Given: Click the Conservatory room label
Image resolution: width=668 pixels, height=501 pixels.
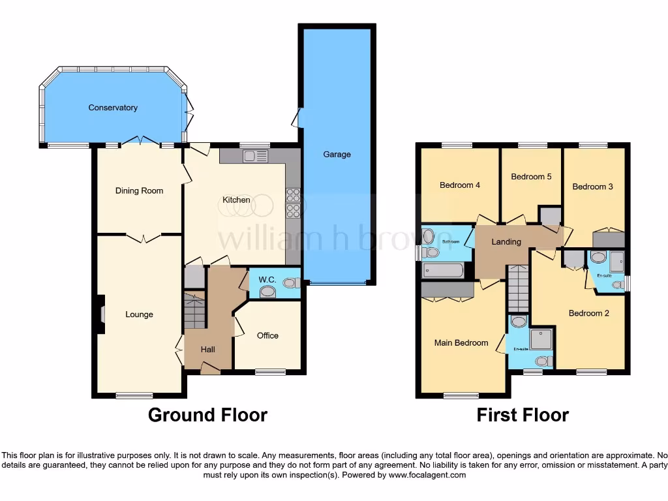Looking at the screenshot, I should (x=113, y=108).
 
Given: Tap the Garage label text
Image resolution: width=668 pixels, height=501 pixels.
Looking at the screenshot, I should (x=337, y=155).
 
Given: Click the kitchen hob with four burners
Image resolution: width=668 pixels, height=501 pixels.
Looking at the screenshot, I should (x=292, y=201).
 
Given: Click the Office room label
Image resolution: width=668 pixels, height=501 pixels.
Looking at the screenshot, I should (x=267, y=335).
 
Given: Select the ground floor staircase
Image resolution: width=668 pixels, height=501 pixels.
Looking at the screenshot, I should (x=195, y=311).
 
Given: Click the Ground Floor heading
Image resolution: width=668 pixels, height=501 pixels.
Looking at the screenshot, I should (x=207, y=415).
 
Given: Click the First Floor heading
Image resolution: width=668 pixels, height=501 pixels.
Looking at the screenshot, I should (x=523, y=415).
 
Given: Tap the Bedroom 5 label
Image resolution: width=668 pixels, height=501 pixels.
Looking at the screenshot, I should (x=527, y=177).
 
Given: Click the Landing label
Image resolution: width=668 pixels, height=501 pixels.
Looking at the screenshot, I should (x=506, y=242).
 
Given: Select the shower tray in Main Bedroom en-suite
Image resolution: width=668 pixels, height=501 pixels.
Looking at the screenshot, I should (x=541, y=339).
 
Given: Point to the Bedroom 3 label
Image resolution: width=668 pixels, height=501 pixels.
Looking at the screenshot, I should (x=592, y=187).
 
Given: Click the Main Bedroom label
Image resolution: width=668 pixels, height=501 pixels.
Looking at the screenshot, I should (x=461, y=342).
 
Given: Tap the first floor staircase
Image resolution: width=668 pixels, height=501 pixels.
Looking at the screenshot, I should (x=518, y=288).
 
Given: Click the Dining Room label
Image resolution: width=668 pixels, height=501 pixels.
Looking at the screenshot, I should (x=139, y=191).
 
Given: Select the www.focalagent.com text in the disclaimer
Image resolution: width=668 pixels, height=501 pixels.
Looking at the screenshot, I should (x=428, y=476).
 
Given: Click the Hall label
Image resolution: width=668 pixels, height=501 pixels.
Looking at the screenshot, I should (x=207, y=350).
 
